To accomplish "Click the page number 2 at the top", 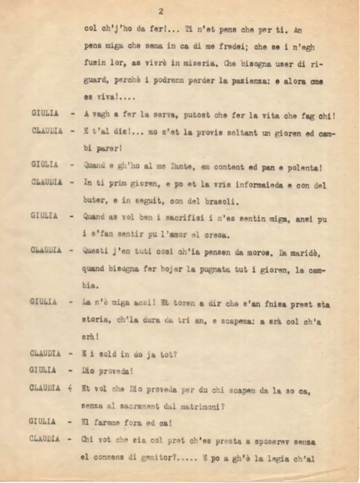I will click(x=161, y=11).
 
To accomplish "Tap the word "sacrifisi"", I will click(x=169, y=219).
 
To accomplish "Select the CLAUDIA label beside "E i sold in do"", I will click(x=45, y=353).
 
